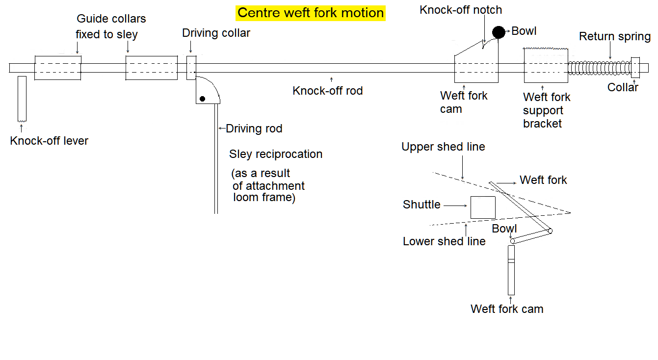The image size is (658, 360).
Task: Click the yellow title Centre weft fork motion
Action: [x=310, y=13]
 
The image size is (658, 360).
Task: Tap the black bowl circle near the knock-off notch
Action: [x=499, y=32]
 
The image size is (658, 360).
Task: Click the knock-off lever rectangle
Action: [x=22, y=98]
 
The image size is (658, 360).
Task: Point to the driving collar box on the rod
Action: [x=191, y=68]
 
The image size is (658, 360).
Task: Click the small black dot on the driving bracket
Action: [x=202, y=99]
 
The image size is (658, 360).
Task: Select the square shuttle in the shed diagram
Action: [x=483, y=207]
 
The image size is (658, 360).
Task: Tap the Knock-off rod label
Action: [x=327, y=91]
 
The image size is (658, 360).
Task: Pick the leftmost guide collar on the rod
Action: [x=58, y=68]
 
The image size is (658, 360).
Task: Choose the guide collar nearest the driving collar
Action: [x=152, y=68]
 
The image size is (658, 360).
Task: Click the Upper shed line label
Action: [x=443, y=147]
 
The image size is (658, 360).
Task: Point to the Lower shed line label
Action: [x=444, y=241]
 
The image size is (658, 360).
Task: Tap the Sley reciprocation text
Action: [x=276, y=154]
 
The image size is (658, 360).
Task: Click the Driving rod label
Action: [x=254, y=129]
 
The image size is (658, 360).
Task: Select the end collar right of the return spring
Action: [x=635, y=68]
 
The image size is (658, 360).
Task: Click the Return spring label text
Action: [x=614, y=37]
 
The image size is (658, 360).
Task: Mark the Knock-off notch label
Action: [x=461, y=10]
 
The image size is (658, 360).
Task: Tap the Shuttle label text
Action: [x=421, y=205]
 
